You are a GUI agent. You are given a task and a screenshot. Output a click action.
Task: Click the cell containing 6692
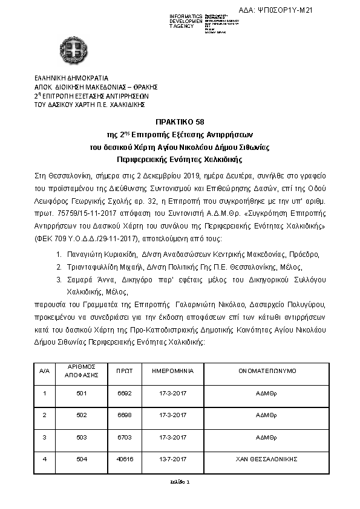[125, 393]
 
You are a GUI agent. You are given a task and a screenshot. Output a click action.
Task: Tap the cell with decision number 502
[77, 416]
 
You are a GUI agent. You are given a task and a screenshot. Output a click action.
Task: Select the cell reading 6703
[125, 437]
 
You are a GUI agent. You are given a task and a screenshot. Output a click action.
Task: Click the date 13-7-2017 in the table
[173, 459]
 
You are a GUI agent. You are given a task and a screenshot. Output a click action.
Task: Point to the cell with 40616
[125, 459]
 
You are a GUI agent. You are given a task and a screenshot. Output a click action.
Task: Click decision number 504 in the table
[77, 459]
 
